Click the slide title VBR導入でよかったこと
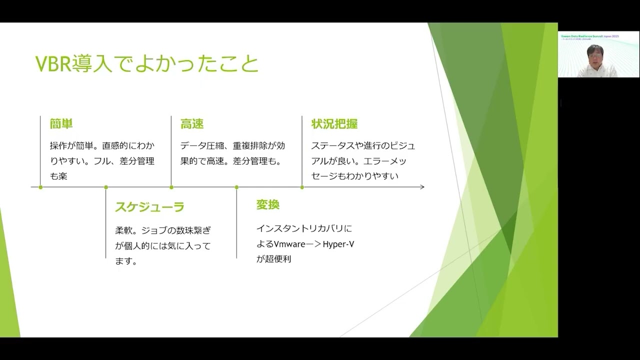[147, 64]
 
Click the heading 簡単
[61, 124]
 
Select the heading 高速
[191, 124]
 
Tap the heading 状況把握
[334, 124]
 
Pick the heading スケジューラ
[149, 207]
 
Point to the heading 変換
[267, 204]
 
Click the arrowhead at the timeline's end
[422, 187]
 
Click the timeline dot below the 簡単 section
[40, 187]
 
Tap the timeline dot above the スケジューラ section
[106, 187]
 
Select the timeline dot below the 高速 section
[171, 187]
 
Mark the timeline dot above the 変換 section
[236, 187]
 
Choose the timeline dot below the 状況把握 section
[302, 187]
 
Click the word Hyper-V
[338, 244]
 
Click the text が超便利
[273, 259]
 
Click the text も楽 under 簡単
[58, 176]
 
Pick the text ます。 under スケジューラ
[126, 261]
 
